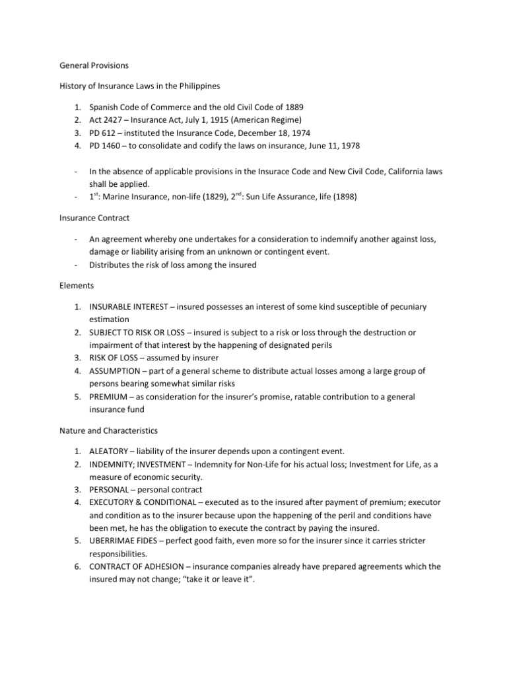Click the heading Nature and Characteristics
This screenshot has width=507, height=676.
(x=108, y=430)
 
